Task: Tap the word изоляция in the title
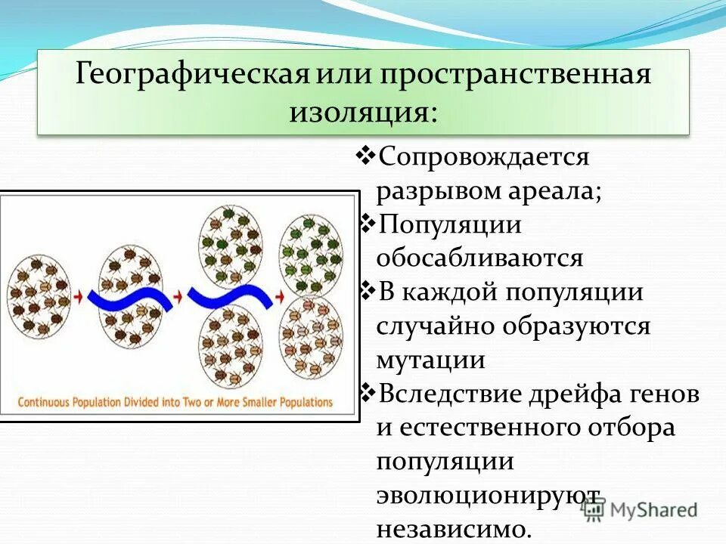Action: tap(359, 113)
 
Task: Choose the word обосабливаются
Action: tap(480, 258)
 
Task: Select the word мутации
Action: tap(430, 360)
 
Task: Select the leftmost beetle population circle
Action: tap(36, 295)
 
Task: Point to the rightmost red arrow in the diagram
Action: tap(278, 295)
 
